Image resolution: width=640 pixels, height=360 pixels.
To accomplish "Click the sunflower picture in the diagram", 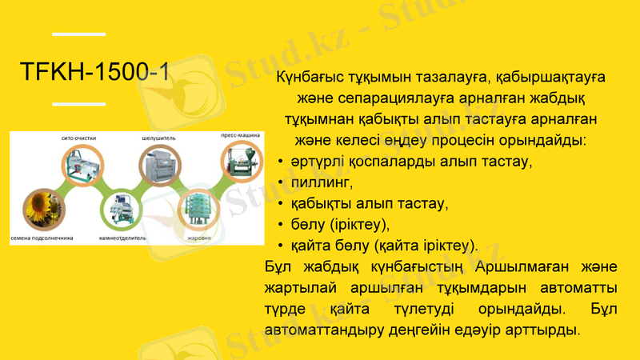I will (x=41, y=209).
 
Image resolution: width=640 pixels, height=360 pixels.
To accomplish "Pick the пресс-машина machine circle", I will (x=239, y=166).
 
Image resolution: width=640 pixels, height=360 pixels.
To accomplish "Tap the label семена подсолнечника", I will (x=42, y=238).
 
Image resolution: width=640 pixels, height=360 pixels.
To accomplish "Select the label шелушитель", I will (x=157, y=138).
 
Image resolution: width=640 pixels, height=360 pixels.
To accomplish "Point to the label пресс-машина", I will (x=242, y=137).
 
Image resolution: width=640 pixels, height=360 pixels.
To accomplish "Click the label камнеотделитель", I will (x=122, y=238).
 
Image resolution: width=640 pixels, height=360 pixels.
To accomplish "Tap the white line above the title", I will (x=78, y=34).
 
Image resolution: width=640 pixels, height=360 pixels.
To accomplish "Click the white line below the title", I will (x=78, y=104).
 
